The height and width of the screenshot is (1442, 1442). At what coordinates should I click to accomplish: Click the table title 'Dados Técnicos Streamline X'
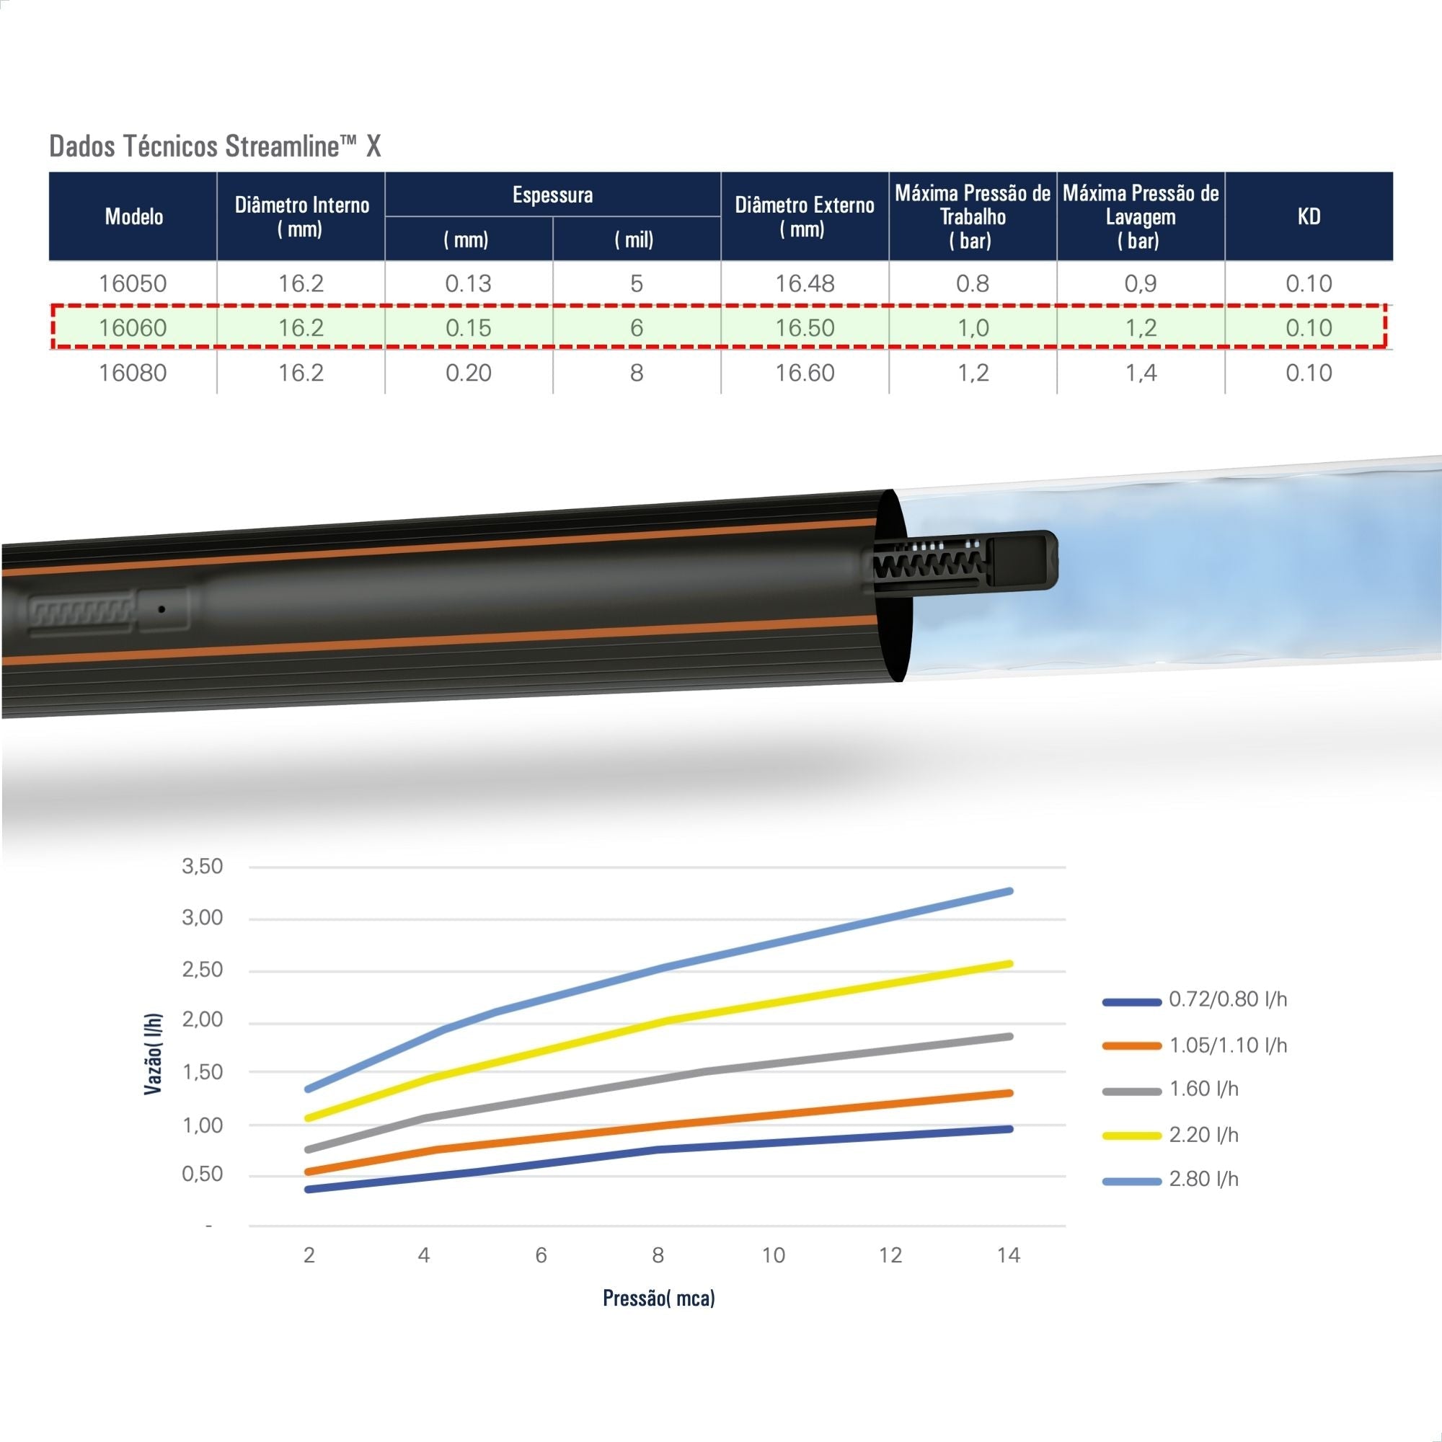tap(215, 146)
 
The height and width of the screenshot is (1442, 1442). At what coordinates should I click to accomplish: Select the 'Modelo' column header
tap(133, 216)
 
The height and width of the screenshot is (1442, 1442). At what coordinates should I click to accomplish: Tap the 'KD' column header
tap(1309, 216)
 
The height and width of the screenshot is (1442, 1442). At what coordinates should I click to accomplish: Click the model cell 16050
tap(133, 283)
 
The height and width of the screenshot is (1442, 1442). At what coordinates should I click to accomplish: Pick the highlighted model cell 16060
tap(133, 327)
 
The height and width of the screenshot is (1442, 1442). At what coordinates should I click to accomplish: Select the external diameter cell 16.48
tap(805, 283)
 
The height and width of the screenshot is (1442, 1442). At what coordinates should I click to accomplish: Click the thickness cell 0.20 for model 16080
tap(469, 373)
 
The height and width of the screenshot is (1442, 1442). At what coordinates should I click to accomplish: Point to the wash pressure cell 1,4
tap(1141, 373)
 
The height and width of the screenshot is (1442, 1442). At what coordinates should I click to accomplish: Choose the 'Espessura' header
tap(552, 195)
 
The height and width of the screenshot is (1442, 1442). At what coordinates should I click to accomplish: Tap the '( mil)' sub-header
tap(634, 239)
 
